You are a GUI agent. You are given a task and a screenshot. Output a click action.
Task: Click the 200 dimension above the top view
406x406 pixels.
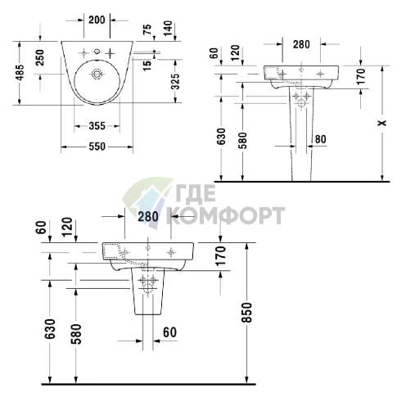[97, 20]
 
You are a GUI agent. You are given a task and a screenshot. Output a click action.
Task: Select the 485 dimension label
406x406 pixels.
[20, 73]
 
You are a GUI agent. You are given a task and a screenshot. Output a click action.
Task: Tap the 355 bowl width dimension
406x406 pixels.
[97, 126]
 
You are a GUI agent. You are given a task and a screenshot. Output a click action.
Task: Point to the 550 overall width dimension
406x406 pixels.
[97, 147]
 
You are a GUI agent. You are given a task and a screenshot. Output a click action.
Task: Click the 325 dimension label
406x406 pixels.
[175, 81]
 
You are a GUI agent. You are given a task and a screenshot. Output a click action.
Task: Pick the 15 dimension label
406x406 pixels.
[147, 65]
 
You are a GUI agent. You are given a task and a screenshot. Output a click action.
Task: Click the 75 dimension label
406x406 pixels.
[147, 29]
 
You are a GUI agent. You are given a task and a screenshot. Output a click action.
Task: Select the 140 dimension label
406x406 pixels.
[168, 28]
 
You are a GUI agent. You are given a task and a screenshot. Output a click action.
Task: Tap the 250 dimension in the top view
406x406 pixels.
[40, 57]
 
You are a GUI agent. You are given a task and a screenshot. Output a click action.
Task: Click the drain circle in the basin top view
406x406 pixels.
[97, 74]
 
